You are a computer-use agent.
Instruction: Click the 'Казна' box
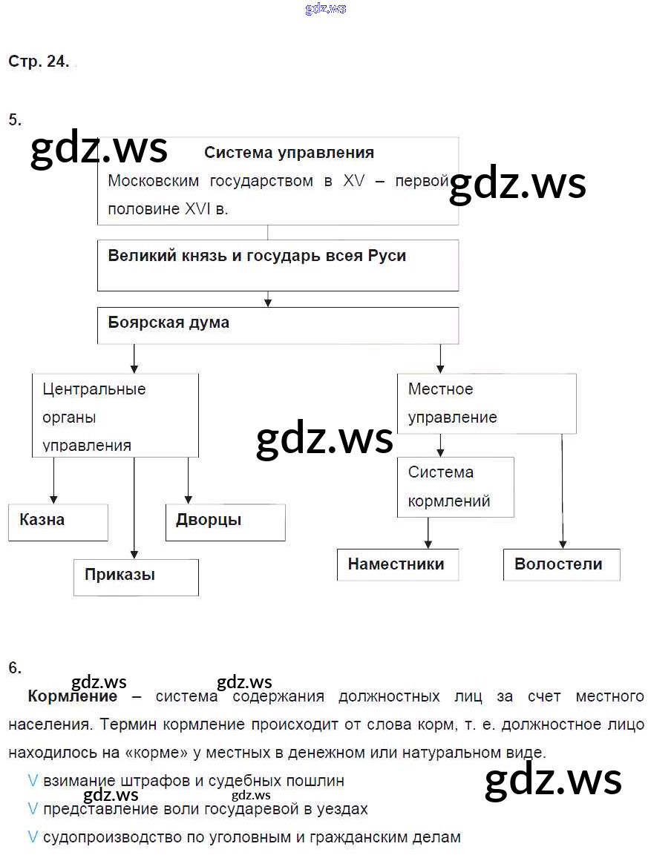coord(58,522)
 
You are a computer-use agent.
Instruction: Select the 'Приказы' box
coord(136,577)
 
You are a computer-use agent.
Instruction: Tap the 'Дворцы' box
coord(225,522)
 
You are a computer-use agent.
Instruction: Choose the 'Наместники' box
coord(397,564)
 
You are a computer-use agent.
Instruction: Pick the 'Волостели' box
coord(560,564)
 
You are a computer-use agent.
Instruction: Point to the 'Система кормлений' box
coord(455,486)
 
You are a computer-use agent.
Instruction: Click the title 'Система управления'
coord(289,153)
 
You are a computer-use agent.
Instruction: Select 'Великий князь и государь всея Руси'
coord(257,256)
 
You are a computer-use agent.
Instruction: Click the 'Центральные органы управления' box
coord(115,415)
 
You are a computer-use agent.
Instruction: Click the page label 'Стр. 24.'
coord(39,62)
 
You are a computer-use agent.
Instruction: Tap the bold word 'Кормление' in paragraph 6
coord(72,696)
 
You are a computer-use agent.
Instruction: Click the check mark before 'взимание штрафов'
coord(33,781)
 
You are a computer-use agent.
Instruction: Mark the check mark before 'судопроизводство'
coord(33,837)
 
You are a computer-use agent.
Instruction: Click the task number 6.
coord(15,667)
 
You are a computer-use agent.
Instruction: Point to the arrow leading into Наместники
coord(428,532)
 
